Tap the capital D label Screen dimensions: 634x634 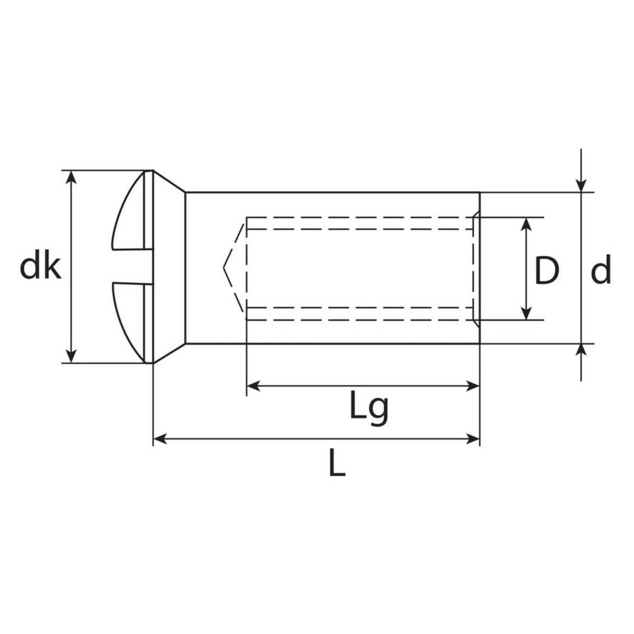546,271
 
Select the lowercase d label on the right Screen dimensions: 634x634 601,269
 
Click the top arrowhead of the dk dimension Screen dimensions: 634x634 71,178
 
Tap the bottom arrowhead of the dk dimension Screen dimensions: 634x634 71,357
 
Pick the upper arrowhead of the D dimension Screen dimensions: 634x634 527,224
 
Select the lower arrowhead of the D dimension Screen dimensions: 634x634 527,313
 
